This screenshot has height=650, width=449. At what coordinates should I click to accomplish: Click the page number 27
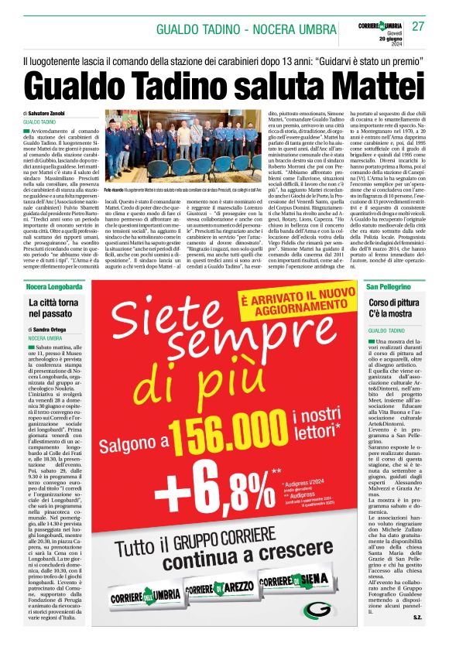(418, 27)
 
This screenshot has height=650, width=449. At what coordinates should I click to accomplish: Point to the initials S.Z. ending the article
(416, 638)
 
